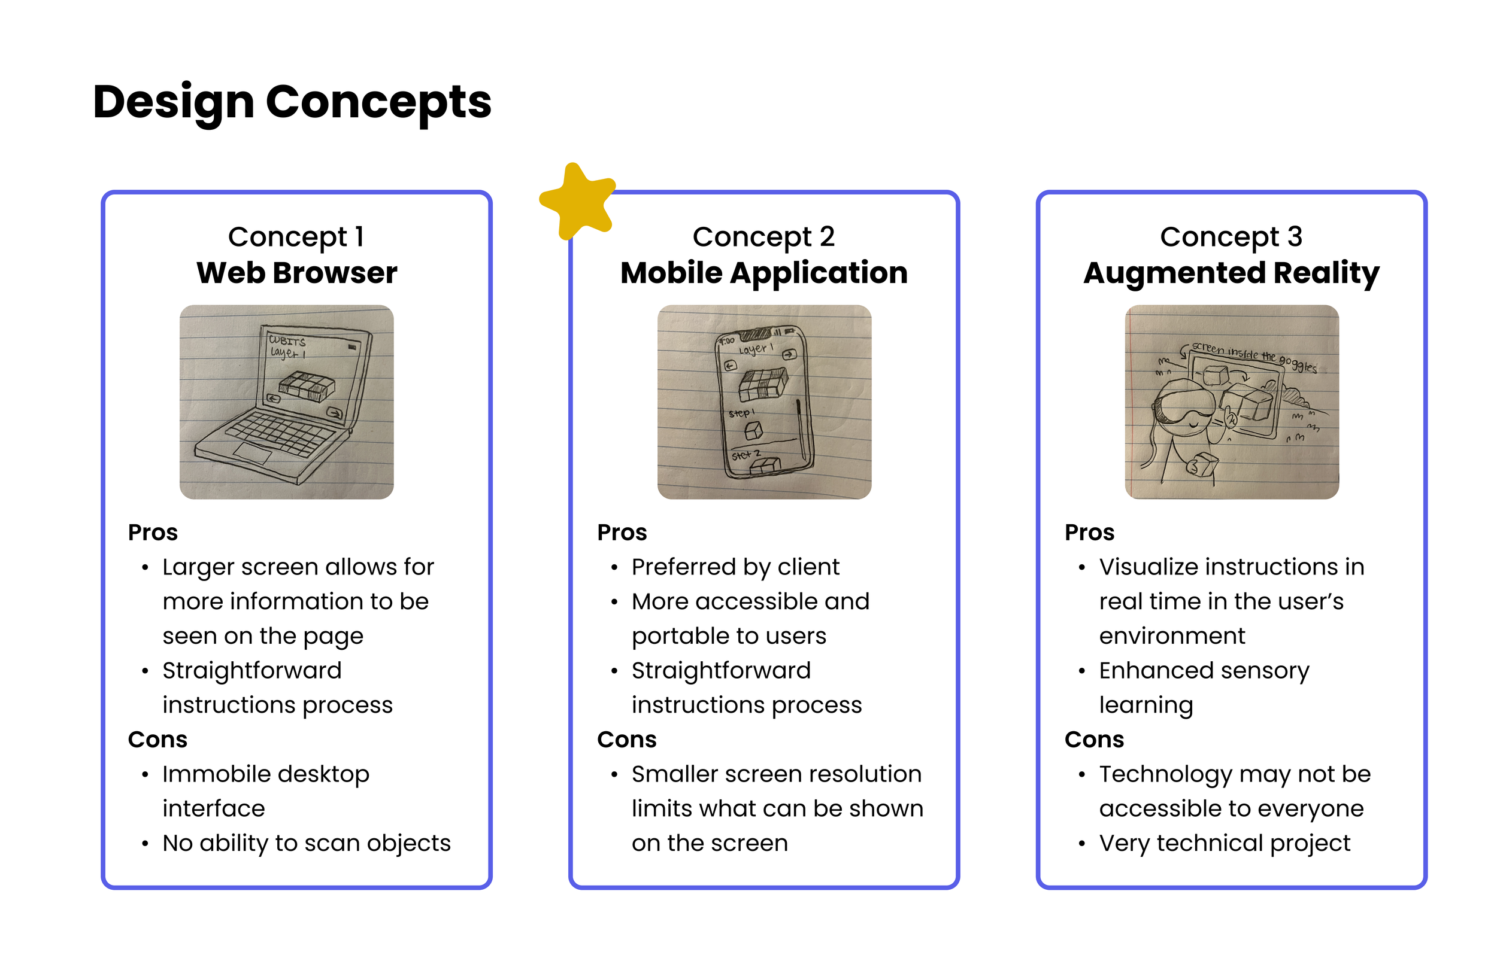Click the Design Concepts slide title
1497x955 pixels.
click(292, 102)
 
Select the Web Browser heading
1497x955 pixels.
click(296, 273)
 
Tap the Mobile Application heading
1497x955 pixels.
click(763, 273)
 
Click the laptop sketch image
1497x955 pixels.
click(287, 402)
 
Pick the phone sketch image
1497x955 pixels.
click(764, 402)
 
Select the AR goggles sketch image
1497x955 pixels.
click(1232, 402)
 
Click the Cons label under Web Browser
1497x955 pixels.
click(157, 740)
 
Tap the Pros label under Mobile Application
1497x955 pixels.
click(622, 533)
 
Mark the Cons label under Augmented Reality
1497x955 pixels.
click(1093, 740)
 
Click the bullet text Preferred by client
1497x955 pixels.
click(735, 567)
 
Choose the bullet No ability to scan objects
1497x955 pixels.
click(306, 843)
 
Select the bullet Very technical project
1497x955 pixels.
click(1224, 843)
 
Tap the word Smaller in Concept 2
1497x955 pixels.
click(671, 774)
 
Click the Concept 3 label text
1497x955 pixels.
click(1231, 237)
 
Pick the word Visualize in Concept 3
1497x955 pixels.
click(1148, 567)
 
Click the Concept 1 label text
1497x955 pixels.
click(296, 237)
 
